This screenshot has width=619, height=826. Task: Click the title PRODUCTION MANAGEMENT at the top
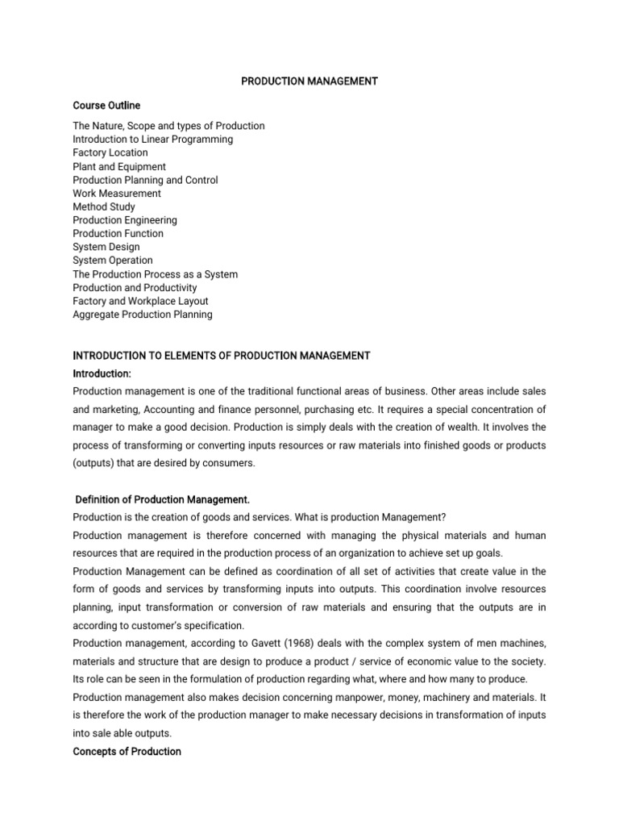pyautogui.click(x=309, y=81)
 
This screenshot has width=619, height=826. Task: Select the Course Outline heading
pyautogui.click(x=106, y=106)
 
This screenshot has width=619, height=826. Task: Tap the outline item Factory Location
pyautogui.click(x=110, y=152)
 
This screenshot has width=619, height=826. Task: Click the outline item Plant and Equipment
pyautogui.click(x=119, y=166)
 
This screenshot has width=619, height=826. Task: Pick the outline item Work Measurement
pyautogui.click(x=117, y=194)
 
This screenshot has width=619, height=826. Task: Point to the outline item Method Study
pyautogui.click(x=104, y=206)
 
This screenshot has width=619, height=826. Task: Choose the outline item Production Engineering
pyautogui.click(x=125, y=220)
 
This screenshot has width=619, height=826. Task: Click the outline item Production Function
pyautogui.click(x=118, y=234)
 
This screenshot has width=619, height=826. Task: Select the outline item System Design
pyautogui.click(x=106, y=247)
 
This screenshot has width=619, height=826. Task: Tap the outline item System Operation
pyautogui.click(x=113, y=261)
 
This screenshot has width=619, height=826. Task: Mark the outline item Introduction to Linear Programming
pyautogui.click(x=153, y=140)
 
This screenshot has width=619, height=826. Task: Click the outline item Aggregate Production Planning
pyautogui.click(x=143, y=315)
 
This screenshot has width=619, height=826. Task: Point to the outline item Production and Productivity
pyautogui.click(x=135, y=288)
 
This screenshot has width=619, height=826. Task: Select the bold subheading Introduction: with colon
pyautogui.click(x=102, y=374)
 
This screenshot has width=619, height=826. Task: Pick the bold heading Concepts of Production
pyautogui.click(x=127, y=751)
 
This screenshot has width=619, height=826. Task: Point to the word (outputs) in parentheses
pyautogui.click(x=96, y=463)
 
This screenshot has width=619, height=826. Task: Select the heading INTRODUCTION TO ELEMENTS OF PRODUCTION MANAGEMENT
pyautogui.click(x=222, y=356)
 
